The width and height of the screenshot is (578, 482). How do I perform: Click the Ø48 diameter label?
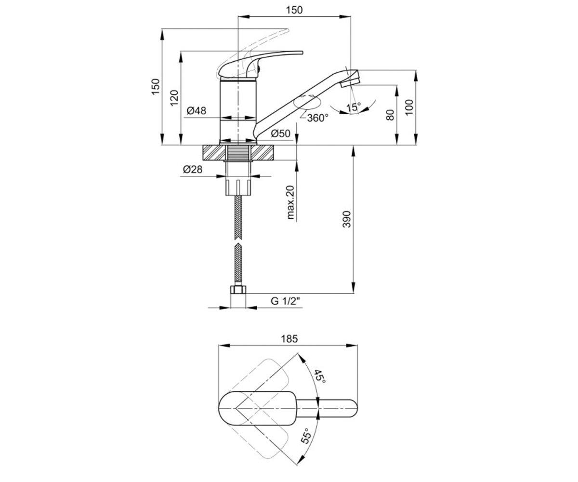[x=196, y=111]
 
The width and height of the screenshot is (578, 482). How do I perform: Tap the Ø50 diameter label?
[x=281, y=134]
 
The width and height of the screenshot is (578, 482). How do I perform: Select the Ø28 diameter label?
[x=193, y=169]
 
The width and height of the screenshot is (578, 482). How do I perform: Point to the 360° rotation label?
[x=317, y=118]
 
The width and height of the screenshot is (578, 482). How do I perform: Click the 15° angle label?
[x=354, y=107]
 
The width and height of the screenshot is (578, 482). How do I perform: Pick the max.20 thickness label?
[x=290, y=202]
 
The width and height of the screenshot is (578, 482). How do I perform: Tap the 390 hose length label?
[x=347, y=219]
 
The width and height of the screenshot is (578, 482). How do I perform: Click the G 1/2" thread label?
[x=286, y=301]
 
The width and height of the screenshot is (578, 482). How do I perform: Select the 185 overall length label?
[x=289, y=339]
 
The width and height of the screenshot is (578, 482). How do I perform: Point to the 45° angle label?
[x=320, y=376]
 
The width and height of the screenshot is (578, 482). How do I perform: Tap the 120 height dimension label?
[x=174, y=98]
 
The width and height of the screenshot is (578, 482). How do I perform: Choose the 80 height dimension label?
[x=390, y=115]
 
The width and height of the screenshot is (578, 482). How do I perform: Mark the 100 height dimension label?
[x=408, y=107]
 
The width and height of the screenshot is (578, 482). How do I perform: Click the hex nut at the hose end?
[x=238, y=290]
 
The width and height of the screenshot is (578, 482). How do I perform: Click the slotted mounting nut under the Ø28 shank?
[x=238, y=187]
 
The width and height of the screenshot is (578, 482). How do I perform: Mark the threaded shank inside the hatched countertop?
[x=238, y=153]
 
